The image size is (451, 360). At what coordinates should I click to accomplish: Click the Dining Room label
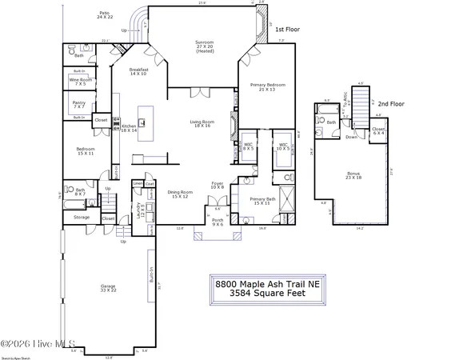coord(180,194)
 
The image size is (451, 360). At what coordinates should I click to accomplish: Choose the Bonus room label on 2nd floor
coord(353,175)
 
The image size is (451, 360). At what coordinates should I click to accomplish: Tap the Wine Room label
coord(81,82)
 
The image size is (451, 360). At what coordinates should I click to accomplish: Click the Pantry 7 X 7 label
coord(79,104)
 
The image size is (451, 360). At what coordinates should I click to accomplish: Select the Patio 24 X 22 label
coord(105,15)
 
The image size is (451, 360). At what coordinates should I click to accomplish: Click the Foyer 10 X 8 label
coord(218,186)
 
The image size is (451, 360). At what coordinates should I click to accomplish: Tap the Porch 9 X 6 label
coord(218,222)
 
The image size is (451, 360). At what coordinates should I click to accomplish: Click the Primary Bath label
coord(263,201)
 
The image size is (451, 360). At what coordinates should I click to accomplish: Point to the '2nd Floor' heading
coord(391,105)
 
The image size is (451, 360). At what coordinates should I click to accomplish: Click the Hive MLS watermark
coord(28,345)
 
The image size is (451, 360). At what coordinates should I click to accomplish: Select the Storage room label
coord(82,217)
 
